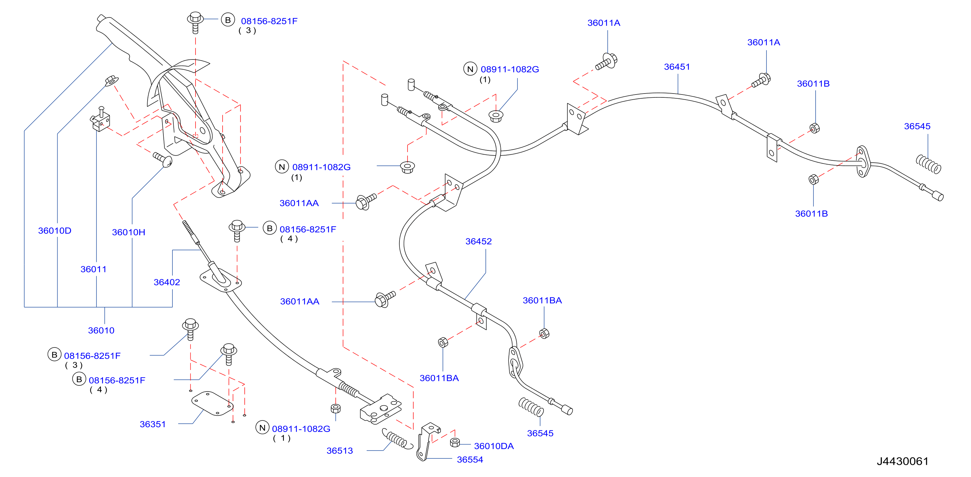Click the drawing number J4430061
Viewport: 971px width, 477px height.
coord(902,461)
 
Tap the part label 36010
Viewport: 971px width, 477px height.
coord(101,330)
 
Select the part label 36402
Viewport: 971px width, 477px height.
coord(167,282)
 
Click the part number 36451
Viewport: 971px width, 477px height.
coord(677,67)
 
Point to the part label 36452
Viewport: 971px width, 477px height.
coord(478,241)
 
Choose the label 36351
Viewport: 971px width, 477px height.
coord(153,424)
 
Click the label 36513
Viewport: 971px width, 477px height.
coord(340,451)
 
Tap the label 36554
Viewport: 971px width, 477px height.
coord(470,460)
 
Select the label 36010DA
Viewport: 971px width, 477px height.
coord(494,446)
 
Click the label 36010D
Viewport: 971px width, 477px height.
coord(55,230)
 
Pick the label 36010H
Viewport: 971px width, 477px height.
coord(129,232)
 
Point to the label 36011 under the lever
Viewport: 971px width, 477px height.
coord(94,269)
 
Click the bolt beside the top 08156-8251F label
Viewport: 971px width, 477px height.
coord(195,22)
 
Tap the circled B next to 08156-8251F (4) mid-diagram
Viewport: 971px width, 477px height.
coord(270,228)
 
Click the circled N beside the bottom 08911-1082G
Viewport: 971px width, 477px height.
coord(262,428)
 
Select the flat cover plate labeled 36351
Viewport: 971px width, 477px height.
coord(212,403)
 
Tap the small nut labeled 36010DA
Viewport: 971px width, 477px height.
coord(455,442)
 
